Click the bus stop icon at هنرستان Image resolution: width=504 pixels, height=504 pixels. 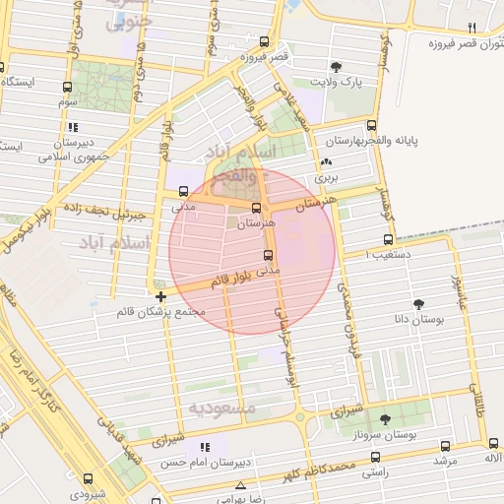[257, 209]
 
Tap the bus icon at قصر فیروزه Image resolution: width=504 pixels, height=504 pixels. [264, 42]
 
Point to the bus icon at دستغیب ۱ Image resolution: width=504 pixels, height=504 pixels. [389, 239]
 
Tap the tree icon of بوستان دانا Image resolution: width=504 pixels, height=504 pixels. [420, 304]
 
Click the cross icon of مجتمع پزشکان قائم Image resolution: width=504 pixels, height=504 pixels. [160, 296]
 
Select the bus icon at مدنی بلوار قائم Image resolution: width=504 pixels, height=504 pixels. [268, 255]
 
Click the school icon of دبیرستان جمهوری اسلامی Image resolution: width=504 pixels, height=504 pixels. [73, 127]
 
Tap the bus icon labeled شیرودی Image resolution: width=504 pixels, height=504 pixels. [88, 479]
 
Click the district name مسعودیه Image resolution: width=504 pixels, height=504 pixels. [222, 407]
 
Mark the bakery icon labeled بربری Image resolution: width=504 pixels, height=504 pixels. [327, 163]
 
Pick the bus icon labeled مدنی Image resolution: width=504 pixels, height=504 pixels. [181, 192]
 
